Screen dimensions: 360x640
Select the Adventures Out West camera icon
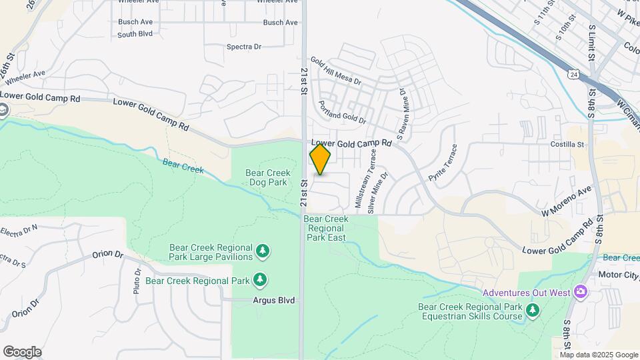tap(580, 291)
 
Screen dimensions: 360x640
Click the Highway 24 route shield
tap(573, 74)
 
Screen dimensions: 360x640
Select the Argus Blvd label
tap(273, 301)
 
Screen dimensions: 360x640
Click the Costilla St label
tap(567, 144)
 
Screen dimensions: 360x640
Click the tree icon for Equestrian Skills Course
tap(532, 310)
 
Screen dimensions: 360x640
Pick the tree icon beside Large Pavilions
tap(264, 251)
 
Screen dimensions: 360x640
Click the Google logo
tap(22, 352)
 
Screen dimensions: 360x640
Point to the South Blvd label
tap(135, 34)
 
